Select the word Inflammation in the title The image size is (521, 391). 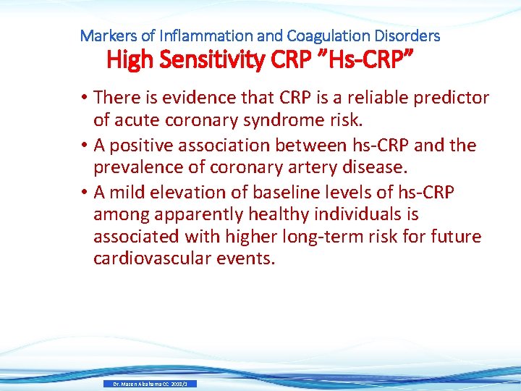[x=195, y=35]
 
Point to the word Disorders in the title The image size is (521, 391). [x=407, y=35]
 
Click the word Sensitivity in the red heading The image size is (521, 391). [x=211, y=60]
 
